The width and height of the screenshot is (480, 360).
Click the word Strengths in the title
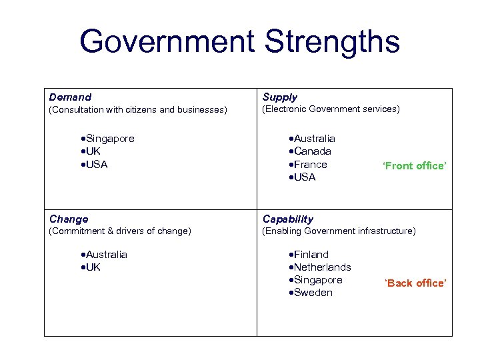pyautogui.click(x=332, y=42)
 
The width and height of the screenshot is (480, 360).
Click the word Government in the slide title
pyautogui.click(x=167, y=42)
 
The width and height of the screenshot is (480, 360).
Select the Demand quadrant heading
pyautogui.click(x=71, y=97)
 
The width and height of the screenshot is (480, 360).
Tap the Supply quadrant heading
pyautogui.click(x=280, y=97)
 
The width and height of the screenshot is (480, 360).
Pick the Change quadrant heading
pyautogui.click(x=69, y=219)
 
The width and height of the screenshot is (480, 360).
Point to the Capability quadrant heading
pyautogui.click(x=288, y=219)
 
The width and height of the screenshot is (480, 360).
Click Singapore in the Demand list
pyautogui.click(x=110, y=139)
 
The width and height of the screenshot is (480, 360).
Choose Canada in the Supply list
pyautogui.click(x=313, y=151)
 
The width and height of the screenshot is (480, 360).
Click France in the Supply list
pyautogui.click(x=311, y=164)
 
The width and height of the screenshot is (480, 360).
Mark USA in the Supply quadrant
pyautogui.click(x=305, y=177)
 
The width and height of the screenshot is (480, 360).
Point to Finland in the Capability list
pyautogui.click(x=311, y=255)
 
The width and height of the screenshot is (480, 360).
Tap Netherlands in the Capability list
pyautogui.click(x=323, y=267)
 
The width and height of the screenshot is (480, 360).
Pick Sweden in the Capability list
pyautogui.click(x=313, y=293)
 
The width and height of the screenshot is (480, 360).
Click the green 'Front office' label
pyautogui.click(x=413, y=166)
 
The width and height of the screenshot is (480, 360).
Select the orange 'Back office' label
pyautogui.click(x=415, y=283)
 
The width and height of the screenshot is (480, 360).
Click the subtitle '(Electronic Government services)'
pyautogui.click(x=331, y=109)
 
